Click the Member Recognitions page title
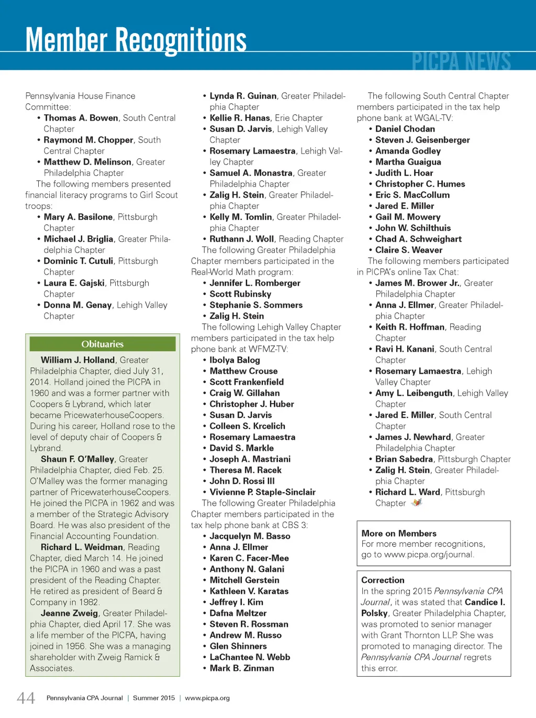(136, 40)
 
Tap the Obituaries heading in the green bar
(103, 344)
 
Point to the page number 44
(26, 698)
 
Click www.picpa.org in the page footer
(207, 698)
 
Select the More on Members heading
(399, 534)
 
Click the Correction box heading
(383, 580)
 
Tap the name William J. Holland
(78, 360)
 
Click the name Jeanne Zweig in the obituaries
(70, 613)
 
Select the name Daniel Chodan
(405, 129)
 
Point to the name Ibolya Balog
(234, 360)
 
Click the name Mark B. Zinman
(242, 668)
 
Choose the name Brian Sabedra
(404, 459)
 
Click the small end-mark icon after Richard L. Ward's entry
(417, 503)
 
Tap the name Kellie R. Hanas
(240, 118)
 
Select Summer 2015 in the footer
(154, 698)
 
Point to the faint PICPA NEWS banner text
(461, 61)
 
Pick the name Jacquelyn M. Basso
(250, 536)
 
